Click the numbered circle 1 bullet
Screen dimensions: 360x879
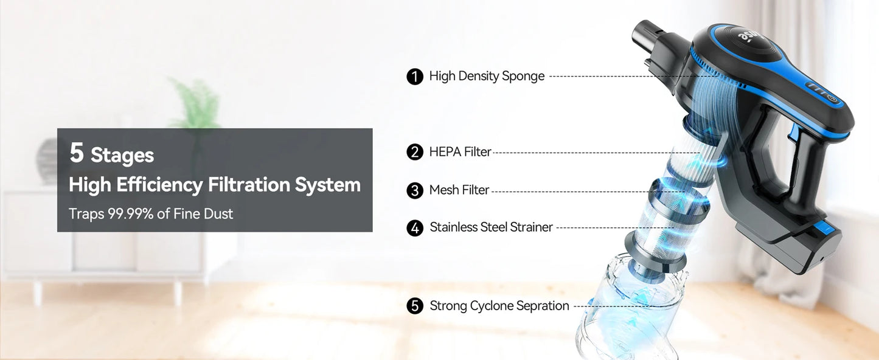pos(415,77)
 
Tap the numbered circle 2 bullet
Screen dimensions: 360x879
pos(415,152)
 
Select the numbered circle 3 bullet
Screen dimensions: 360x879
pos(415,190)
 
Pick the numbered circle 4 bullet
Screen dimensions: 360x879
pos(415,228)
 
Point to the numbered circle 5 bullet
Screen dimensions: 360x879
pos(415,306)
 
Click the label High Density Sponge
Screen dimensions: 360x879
pos(487,77)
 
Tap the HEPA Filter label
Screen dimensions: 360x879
pos(460,152)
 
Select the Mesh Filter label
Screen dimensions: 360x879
pos(459,190)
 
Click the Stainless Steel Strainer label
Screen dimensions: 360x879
pos(491,227)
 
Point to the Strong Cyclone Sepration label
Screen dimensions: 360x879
pos(499,306)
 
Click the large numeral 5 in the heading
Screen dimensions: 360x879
pos(76,153)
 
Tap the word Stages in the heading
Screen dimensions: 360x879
pos(122,156)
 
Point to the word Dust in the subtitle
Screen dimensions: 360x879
pos(218,213)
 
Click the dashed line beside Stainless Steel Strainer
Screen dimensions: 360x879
pos(614,227)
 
